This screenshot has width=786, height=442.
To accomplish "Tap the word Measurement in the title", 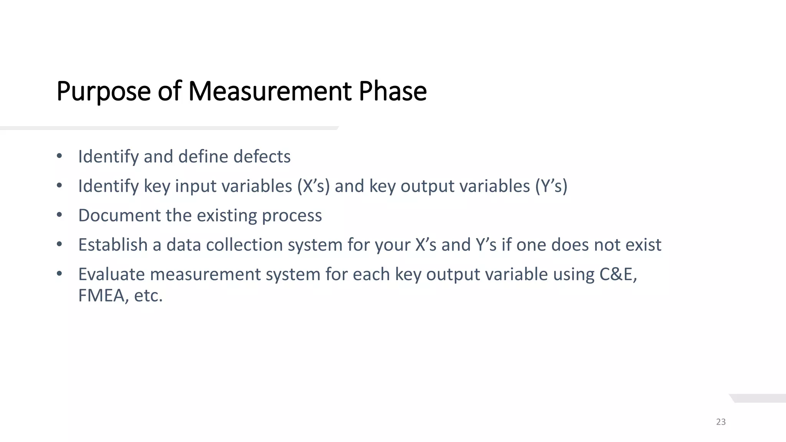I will click(x=270, y=91).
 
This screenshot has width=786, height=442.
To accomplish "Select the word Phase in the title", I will click(x=392, y=91).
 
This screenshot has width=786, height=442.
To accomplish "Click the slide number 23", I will click(x=721, y=422).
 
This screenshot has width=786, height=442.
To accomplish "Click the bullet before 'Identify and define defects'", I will click(x=59, y=156).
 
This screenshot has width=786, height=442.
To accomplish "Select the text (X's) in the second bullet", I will click(x=313, y=186).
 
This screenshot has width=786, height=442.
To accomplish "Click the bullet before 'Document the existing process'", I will click(x=59, y=215).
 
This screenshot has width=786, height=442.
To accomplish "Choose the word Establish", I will click(x=113, y=245).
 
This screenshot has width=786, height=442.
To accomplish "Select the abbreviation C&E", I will click(x=618, y=274).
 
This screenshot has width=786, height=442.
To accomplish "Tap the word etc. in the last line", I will click(x=148, y=296).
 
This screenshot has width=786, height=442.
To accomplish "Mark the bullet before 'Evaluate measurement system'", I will click(x=59, y=274).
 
